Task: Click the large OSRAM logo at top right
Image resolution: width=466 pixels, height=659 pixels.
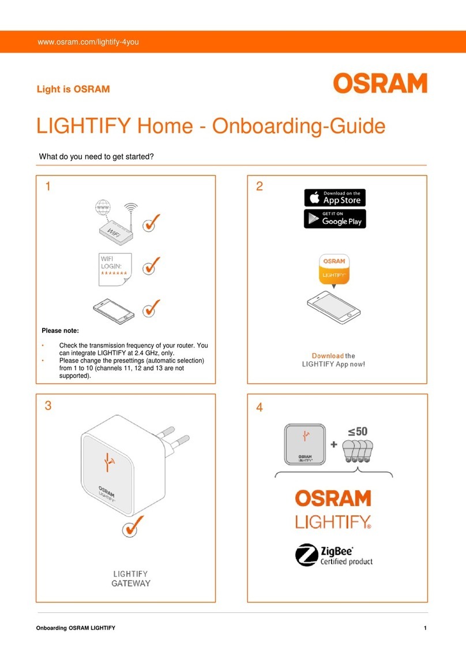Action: (x=379, y=83)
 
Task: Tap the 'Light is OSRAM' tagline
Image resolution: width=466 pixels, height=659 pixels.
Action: (x=73, y=89)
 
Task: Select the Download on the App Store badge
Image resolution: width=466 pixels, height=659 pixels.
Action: (x=335, y=197)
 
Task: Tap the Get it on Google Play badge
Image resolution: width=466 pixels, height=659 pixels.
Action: (x=335, y=219)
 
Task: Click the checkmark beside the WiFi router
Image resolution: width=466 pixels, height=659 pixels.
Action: (x=151, y=225)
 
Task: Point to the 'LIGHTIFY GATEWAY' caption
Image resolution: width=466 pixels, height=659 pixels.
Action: (x=130, y=578)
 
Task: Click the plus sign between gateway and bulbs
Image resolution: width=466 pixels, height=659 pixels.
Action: (x=333, y=445)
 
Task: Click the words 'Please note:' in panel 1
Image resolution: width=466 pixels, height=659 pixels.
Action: (x=60, y=331)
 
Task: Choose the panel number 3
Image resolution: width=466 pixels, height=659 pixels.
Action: (x=48, y=406)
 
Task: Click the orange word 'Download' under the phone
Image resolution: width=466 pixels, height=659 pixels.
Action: (x=328, y=355)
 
